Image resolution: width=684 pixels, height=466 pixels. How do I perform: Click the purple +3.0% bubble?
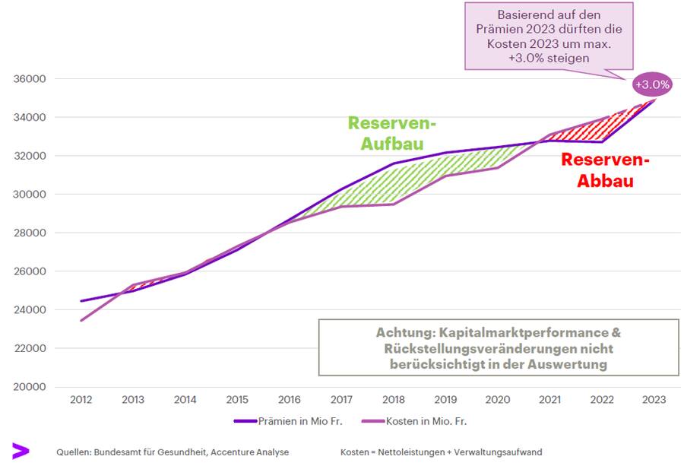pyautogui.click(x=653, y=84)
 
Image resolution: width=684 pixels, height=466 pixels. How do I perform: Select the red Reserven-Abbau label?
pyautogui.click(x=606, y=171)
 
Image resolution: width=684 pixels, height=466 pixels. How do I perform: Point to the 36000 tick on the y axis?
pyautogui.click(x=30, y=79)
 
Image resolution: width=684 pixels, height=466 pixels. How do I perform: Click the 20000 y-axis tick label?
pyautogui.click(x=30, y=387)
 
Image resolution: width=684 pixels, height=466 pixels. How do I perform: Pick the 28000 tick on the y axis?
pyautogui.click(x=30, y=233)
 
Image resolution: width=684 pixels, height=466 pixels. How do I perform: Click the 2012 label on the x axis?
pyautogui.click(x=81, y=400)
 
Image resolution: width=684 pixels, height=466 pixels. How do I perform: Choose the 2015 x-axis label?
pyautogui.click(x=236, y=400)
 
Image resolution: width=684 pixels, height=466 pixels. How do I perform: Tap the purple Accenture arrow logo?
pyautogui.click(x=20, y=451)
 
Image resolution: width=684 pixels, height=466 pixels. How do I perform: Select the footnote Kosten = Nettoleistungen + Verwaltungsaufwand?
pyautogui.click(x=441, y=452)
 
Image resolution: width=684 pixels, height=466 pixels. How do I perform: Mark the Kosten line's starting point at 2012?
pyautogui.click(x=81, y=320)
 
